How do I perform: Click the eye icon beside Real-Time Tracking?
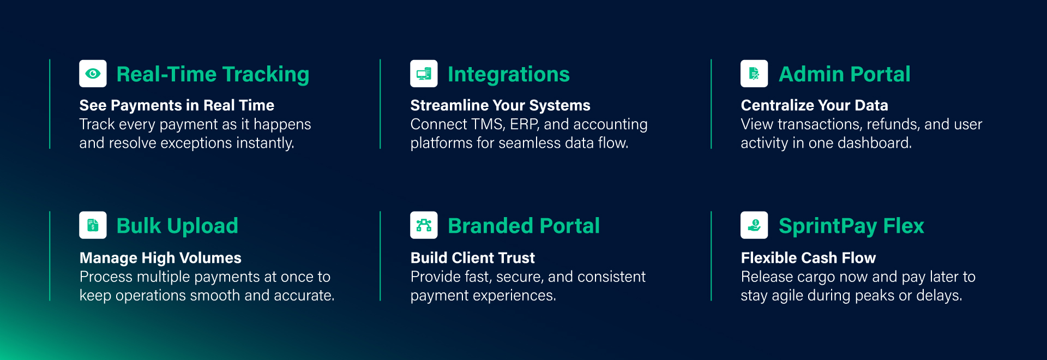(x=93, y=74)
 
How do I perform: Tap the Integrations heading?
(x=508, y=74)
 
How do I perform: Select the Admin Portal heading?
(x=844, y=74)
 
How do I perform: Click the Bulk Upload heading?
(x=177, y=226)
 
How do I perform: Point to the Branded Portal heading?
(x=523, y=226)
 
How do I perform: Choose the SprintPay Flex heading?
(x=851, y=226)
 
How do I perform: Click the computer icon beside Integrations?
(x=424, y=74)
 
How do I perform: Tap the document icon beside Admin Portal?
(x=754, y=74)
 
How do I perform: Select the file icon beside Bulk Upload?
(x=93, y=225)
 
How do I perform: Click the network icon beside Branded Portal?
(x=424, y=225)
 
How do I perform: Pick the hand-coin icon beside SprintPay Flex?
(x=754, y=225)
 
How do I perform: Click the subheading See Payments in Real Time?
(x=177, y=105)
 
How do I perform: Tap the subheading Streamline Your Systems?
(x=500, y=105)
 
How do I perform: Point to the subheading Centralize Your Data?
(x=814, y=105)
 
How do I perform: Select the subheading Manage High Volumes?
(x=160, y=257)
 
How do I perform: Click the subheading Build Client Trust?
(x=472, y=257)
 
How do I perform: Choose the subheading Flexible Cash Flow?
(x=808, y=257)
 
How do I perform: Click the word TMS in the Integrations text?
(x=488, y=124)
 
